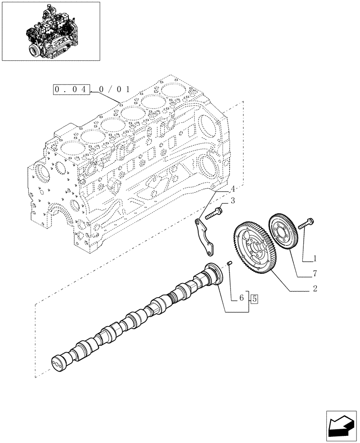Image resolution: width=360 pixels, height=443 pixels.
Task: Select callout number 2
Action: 314,289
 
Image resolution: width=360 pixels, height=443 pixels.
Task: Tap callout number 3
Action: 232,202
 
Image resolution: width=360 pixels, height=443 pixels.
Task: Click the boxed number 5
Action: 254,299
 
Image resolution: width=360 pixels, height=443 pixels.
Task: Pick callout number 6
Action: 242,299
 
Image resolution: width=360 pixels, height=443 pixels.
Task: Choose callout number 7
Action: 315,273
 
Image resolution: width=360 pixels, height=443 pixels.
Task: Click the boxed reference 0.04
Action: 71,89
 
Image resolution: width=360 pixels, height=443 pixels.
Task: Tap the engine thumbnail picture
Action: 51,31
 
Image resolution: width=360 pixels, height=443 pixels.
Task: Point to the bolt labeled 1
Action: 306,224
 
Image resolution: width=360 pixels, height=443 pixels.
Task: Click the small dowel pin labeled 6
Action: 230,264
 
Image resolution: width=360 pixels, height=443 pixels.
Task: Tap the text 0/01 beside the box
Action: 111,90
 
